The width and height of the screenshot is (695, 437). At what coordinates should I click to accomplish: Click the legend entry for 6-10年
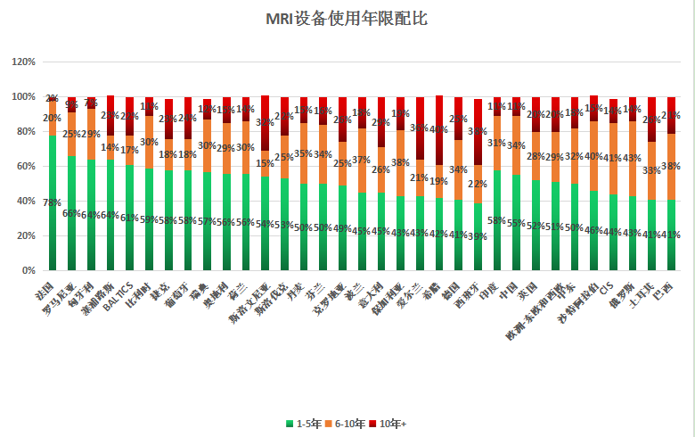pos(348,423)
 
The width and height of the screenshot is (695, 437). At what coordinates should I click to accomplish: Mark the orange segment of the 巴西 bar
pos(672,166)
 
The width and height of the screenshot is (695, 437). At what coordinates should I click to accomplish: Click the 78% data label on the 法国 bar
pos(53,202)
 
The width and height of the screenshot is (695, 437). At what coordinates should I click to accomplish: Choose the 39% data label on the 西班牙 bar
pos(478,236)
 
